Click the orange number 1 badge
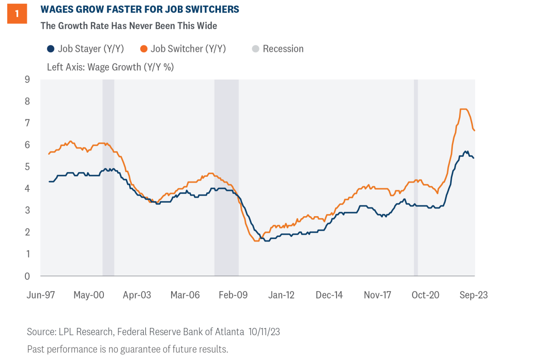[17, 14]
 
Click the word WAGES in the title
[58, 10]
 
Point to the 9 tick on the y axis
[27, 80]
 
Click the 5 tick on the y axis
[27, 167]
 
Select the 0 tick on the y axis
[27, 276]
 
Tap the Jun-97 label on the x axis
[41, 295]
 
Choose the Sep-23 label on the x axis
[474, 295]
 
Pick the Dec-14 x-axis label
[329, 295]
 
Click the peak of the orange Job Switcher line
[463, 109]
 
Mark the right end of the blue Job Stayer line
[474, 158]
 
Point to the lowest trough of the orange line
[256, 241]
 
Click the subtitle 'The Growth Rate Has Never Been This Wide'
[129, 25]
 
